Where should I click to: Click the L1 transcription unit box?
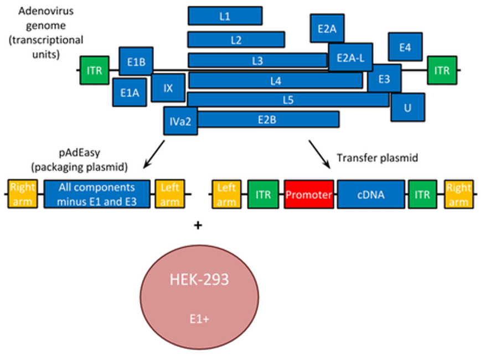pyautogui.click(x=225, y=16)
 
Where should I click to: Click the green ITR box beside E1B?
pyautogui.click(x=94, y=70)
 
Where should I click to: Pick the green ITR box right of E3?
pyautogui.click(x=442, y=70)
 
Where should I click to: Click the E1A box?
pyautogui.click(x=130, y=92)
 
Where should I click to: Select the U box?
pyautogui.click(x=407, y=107)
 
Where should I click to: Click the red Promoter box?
pyautogui.click(x=309, y=194)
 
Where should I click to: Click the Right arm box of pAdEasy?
pyautogui.click(x=22, y=194)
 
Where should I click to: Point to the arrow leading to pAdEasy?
pyautogui.click(x=154, y=153)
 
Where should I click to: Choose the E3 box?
pyautogui.click(x=385, y=80)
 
